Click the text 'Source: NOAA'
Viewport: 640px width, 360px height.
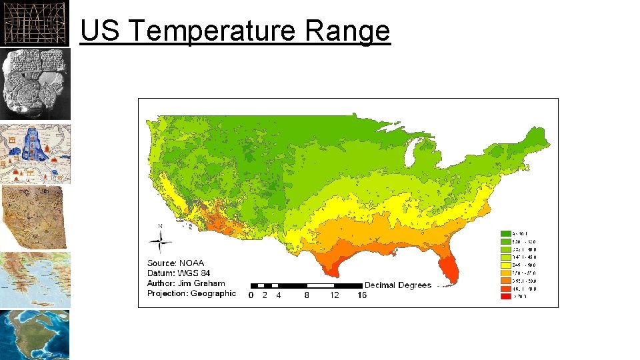click(x=176, y=263)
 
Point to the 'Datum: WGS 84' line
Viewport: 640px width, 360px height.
click(x=179, y=273)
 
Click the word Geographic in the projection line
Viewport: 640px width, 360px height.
click(x=213, y=293)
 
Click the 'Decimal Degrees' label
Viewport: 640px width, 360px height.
click(x=397, y=285)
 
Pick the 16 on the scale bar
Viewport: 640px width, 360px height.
click(x=362, y=295)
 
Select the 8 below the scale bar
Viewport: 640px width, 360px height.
click(x=307, y=295)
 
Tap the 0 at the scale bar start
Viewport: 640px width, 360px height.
click(x=251, y=295)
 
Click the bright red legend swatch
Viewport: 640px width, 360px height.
click(x=506, y=297)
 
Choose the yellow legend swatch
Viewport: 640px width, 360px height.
click(x=506, y=265)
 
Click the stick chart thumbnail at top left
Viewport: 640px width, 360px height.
click(x=35, y=23)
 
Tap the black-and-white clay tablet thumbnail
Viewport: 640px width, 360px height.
click(x=35, y=83)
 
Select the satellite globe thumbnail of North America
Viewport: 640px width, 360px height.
click(x=35, y=335)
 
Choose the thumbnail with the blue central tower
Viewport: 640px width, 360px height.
click(x=35, y=153)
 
